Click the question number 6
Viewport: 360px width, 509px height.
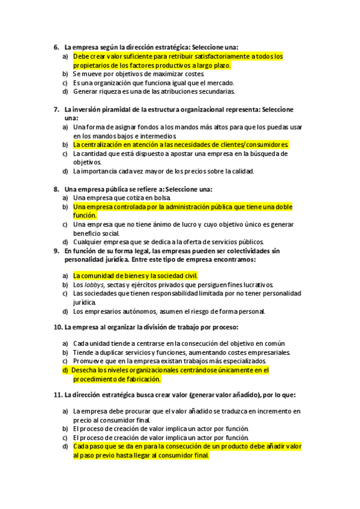(56, 47)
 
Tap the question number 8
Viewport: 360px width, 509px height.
(56, 189)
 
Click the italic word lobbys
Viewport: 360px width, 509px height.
(91, 285)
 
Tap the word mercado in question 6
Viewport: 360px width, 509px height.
(220, 83)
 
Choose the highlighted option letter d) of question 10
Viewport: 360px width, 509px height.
(65, 370)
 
